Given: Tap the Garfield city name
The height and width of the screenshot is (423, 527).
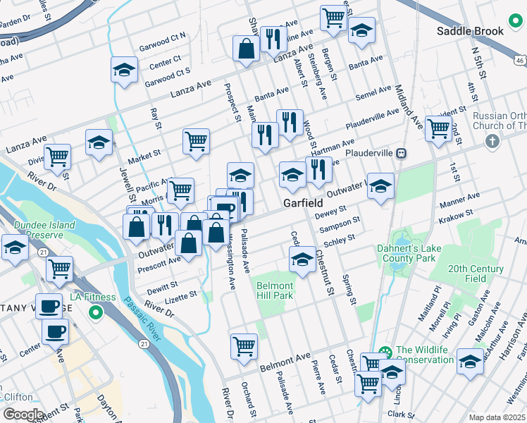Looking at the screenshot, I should coord(303,203).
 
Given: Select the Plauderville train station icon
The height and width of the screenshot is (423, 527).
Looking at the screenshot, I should coord(400,152).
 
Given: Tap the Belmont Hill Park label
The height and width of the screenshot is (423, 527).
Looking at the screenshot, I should coord(274,290).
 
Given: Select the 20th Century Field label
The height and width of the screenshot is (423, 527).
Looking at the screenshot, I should coord(477,274).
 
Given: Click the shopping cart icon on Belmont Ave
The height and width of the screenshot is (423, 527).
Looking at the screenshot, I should coord(244,345).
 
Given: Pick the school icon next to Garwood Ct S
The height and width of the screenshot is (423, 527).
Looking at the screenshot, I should coord(124,70).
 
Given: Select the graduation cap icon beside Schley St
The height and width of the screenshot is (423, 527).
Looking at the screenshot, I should coord(302,258).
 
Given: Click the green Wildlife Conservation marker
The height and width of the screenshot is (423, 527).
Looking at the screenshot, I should coord(385,352).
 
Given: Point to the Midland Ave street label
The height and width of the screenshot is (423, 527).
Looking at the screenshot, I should coord(409,102).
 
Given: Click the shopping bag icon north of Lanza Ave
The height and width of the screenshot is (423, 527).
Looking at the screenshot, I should coord(247,48).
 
